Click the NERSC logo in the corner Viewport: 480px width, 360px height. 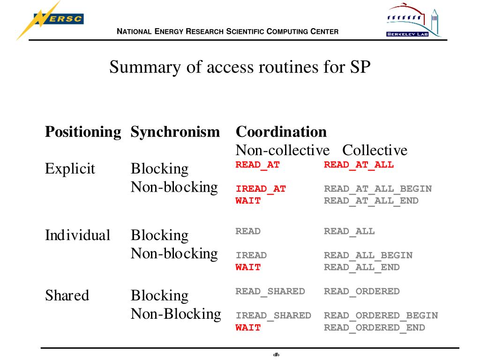[x=52, y=20]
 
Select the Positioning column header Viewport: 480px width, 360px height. [x=83, y=132]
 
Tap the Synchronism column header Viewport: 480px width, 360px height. [x=175, y=132]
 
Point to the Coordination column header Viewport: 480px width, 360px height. [x=281, y=132]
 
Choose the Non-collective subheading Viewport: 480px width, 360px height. [x=283, y=150]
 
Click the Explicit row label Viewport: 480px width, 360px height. [x=70, y=168]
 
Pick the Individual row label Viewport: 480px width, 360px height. [x=78, y=235]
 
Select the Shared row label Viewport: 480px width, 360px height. [x=67, y=295]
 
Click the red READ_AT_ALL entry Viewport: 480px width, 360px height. [x=359, y=165]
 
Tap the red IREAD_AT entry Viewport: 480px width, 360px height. [x=261, y=189]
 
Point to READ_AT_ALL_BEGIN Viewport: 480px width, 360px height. [x=378, y=189]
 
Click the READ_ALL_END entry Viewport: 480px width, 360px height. [x=362, y=267]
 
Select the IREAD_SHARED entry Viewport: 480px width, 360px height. [x=273, y=315]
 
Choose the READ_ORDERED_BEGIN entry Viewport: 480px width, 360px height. [x=381, y=315]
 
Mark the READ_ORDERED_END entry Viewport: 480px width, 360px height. [x=375, y=327]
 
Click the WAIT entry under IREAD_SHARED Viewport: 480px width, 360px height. [x=248, y=327]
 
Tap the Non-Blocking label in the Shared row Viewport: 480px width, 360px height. [x=176, y=314]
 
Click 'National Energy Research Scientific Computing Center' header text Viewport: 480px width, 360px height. [x=227, y=32]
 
